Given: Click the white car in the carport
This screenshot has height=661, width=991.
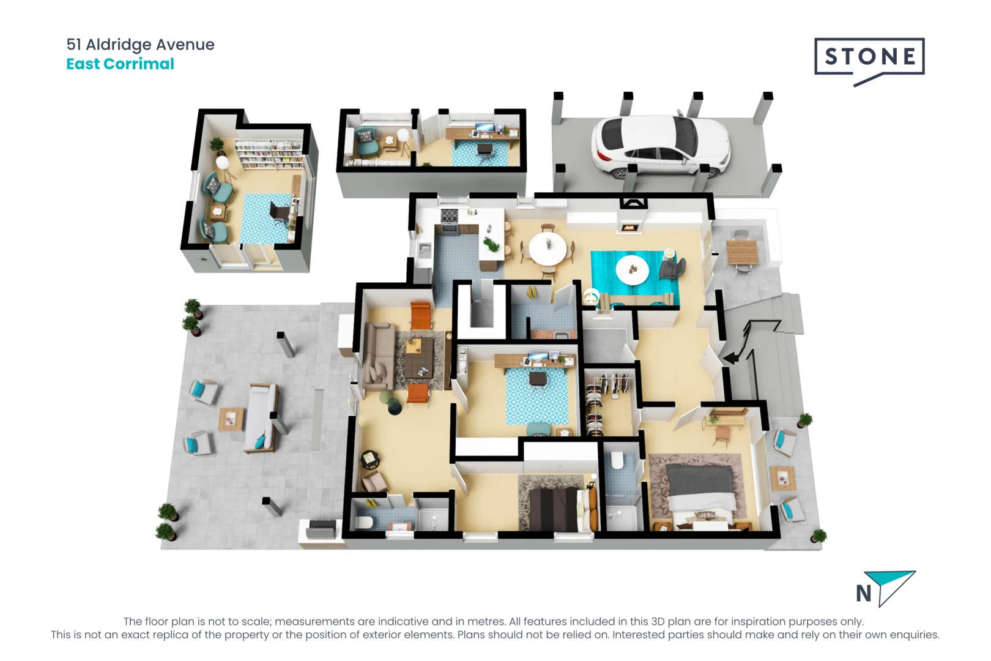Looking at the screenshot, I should [661, 146].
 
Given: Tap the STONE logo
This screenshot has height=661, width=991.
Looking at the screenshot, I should [869, 58].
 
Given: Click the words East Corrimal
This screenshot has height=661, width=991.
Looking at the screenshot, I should [120, 64].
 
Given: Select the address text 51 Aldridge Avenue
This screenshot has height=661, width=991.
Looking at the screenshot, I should [140, 45].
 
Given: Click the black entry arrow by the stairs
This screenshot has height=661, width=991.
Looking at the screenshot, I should [732, 357].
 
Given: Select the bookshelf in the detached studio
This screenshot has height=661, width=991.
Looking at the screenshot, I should [269, 154].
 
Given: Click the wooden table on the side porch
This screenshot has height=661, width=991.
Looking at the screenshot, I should [742, 251].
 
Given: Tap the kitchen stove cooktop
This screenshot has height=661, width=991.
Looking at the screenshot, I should [450, 216].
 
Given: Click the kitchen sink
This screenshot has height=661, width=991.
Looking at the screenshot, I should [425, 249].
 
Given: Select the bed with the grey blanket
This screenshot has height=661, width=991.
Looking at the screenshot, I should [701, 490].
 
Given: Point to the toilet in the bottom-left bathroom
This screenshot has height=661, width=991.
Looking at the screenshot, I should [365, 522].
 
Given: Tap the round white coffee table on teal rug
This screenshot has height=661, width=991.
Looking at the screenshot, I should [633, 269].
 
